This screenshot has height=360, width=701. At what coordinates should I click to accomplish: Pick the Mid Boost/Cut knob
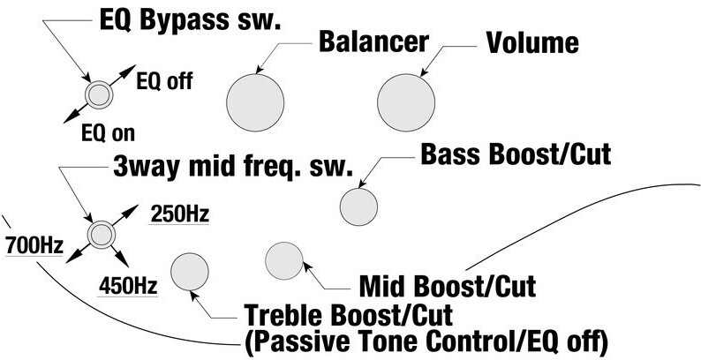tap(284, 260)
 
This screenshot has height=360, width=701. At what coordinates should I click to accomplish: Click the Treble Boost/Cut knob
tap(189, 272)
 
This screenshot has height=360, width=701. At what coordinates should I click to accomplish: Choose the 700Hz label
tap(34, 244)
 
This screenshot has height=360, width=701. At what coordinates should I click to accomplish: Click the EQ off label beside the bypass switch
tap(164, 83)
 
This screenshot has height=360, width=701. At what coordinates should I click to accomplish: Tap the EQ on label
tap(105, 135)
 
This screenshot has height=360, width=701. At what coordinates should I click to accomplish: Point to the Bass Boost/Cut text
tap(516, 155)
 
